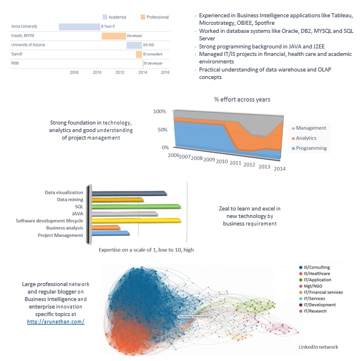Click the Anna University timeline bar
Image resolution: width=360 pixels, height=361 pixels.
[79, 27]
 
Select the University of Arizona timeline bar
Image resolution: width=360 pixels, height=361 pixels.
[134, 44]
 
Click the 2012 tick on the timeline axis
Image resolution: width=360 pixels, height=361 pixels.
[119, 72]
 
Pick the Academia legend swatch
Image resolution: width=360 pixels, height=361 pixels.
[105, 17]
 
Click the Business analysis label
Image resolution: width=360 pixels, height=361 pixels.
[65, 228]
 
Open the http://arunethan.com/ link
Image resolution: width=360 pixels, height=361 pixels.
[55, 321]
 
